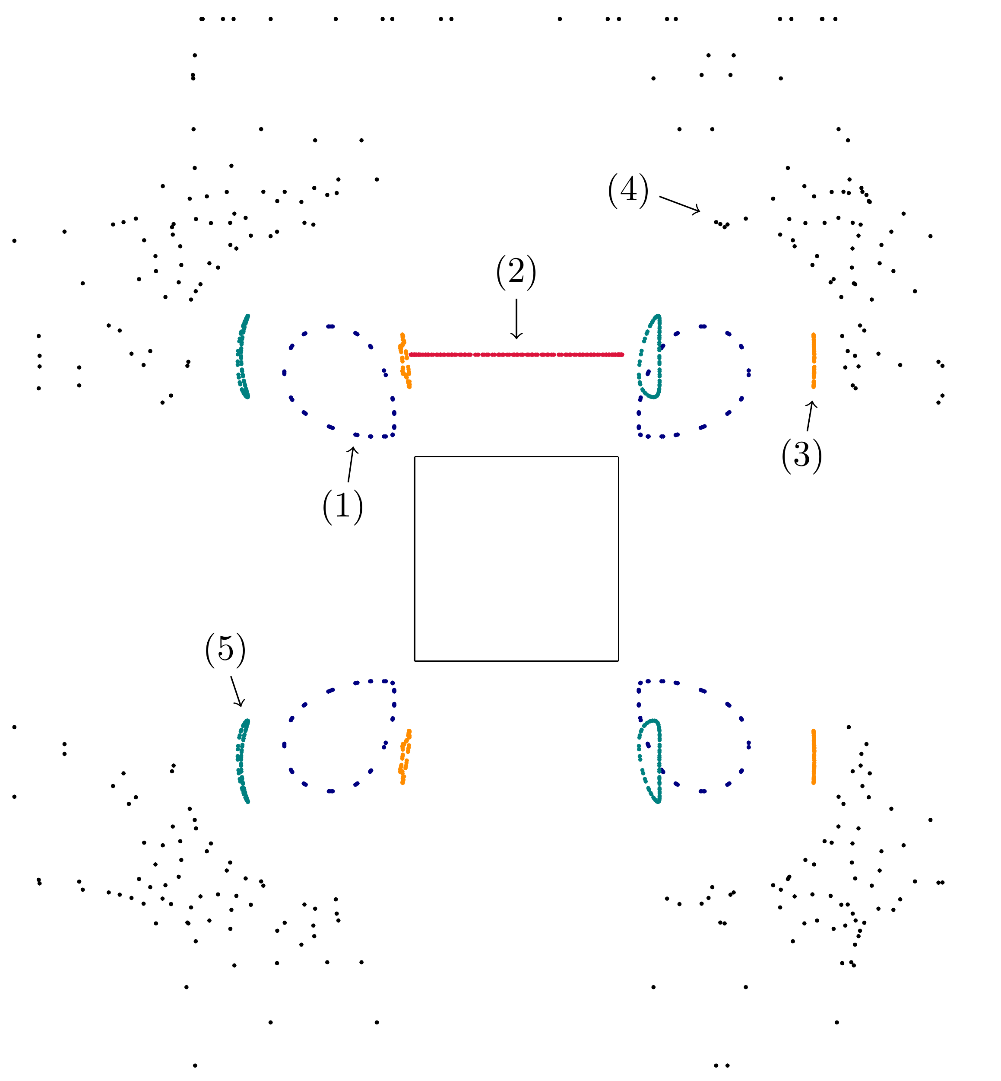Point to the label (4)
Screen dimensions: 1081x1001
point(628,190)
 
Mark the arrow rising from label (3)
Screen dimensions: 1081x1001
point(810,416)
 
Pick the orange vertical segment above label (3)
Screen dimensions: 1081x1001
point(814,360)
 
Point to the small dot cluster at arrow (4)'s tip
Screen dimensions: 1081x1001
point(722,224)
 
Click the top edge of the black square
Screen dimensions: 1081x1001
point(516,457)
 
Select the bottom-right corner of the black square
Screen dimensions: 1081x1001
point(618,661)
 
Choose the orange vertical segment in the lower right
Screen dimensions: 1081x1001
point(814,757)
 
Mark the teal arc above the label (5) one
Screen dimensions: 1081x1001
point(242,356)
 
